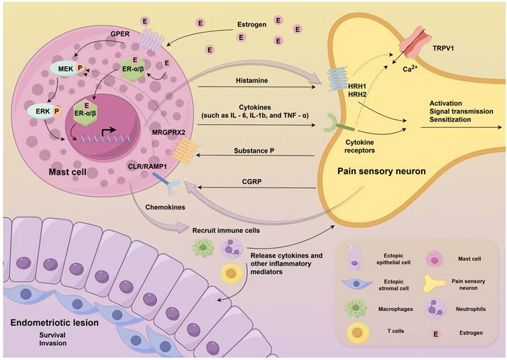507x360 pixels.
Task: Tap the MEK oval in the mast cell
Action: (x=64, y=70)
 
